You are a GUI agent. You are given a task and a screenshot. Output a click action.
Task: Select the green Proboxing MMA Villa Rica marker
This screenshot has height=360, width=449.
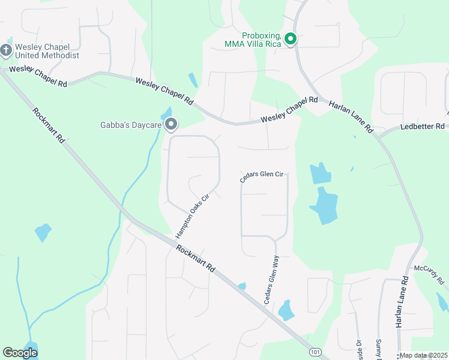pyautogui.click(x=291, y=40)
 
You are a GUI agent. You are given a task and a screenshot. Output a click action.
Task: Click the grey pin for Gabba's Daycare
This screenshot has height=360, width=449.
pyautogui.click(x=171, y=125)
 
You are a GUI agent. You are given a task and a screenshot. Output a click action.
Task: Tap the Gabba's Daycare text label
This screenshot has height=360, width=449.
pyautogui.click(x=131, y=125)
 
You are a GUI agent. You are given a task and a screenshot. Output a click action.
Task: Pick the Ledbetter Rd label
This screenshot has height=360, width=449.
pyautogui.click(x=423, y=127)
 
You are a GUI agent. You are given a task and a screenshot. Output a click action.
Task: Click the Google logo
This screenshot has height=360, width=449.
pyautogui.click(x=20, y=352)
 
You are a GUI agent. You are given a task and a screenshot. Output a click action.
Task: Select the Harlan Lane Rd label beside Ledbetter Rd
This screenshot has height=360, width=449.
pyautogui.click(x=351, y=116)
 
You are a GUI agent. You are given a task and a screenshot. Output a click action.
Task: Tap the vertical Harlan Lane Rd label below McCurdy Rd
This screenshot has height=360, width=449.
pyautogui.click(x=401, y=301)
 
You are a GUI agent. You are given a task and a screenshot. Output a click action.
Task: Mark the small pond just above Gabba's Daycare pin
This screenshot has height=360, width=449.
pyautogui.click(x=166, y=113)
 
